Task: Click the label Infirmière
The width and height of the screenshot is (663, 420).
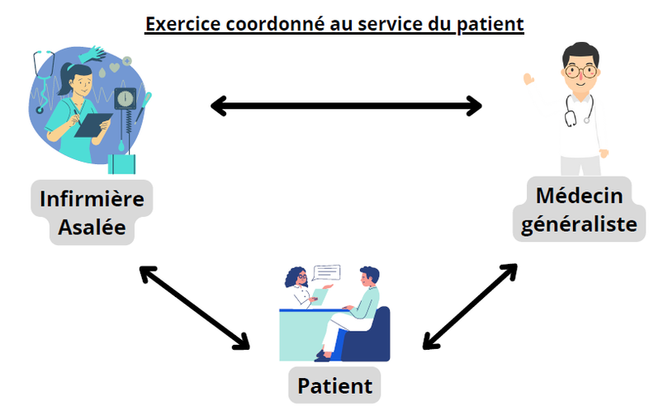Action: click(x=92, y=199)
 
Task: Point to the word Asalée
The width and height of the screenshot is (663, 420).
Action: click(x=92, y=227)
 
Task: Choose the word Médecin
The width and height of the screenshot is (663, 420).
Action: click(x=580, y=196)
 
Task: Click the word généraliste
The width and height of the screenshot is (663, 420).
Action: click(x=579, y=224)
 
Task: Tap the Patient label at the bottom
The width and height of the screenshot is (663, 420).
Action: click(x=335, y=386)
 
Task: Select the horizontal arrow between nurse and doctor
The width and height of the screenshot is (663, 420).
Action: click(x=346, y=106)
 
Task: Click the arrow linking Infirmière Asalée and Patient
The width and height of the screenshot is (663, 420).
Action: click(x=195, y=308)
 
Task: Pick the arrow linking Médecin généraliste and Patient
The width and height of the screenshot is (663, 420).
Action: click(x=470, y=306)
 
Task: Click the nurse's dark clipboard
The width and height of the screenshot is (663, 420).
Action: click(x=93, y=125)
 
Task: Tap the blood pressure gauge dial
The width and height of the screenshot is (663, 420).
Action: click(x=125, y=98)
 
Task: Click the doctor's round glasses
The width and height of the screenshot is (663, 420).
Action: click(x=581, y=71)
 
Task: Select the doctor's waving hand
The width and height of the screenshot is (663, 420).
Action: click(x=528, y=79)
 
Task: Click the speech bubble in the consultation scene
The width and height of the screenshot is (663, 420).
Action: click(x=326, y=273)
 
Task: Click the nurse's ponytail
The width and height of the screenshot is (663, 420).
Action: click(x=64, y=79)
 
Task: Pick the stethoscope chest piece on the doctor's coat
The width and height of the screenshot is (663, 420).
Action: click(x=571, y=119)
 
